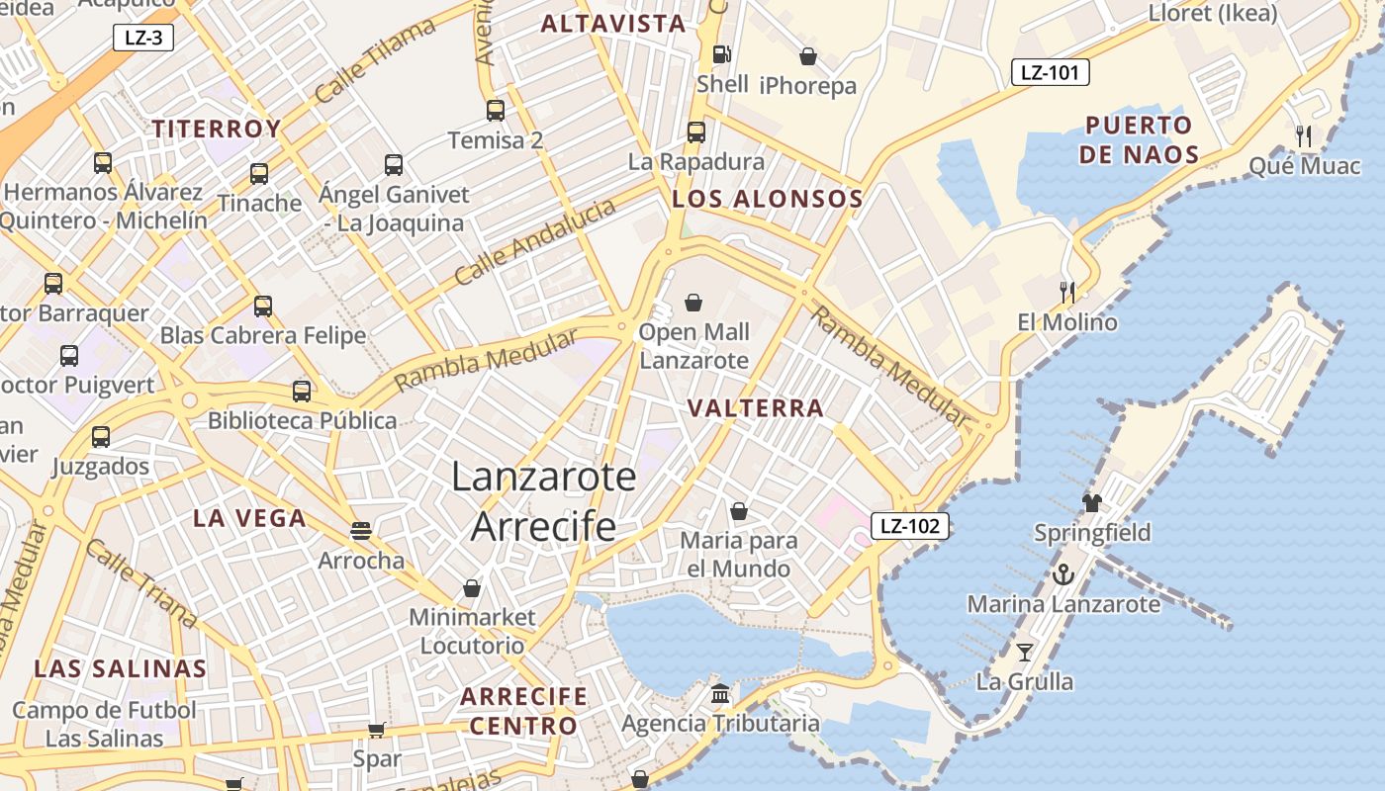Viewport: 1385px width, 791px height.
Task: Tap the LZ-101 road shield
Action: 1049,72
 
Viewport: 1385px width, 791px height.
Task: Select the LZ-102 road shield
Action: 909,526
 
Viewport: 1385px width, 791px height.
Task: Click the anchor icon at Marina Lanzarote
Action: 1063,573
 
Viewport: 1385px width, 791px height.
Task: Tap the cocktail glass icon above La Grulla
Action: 1025,652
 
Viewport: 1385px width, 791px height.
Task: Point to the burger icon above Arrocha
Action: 361,531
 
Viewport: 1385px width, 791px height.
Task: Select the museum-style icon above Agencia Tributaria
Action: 720,693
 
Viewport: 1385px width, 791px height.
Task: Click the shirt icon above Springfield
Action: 1092,502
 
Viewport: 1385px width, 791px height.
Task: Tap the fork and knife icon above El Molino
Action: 1067,292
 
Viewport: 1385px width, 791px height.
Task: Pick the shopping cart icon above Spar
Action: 377,730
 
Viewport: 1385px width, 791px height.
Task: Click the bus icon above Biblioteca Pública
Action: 302,391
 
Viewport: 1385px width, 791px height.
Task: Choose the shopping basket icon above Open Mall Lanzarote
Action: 693,302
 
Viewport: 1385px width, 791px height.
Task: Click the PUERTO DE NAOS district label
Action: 1139,139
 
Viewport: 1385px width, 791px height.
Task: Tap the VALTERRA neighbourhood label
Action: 756,408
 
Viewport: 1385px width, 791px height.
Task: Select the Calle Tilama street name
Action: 375,61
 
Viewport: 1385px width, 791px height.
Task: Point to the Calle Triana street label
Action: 140,582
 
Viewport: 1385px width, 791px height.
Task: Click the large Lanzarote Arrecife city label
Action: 543,501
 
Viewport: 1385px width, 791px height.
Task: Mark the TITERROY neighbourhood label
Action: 217,129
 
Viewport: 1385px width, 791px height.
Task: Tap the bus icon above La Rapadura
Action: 696,132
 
